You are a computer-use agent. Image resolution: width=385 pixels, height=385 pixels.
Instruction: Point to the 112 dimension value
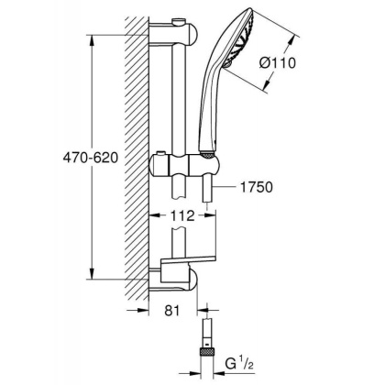tap(182, 218)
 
